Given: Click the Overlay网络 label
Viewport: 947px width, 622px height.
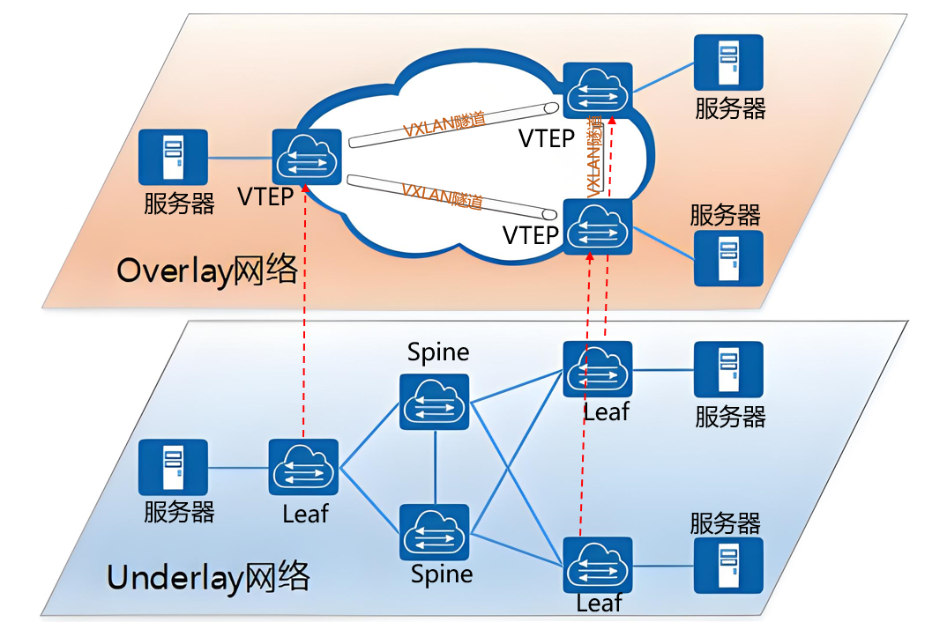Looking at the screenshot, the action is pyautogui.click(x=207, y=270).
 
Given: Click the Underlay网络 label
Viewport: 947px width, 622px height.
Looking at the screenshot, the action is pyautogui.click(x=208, y=577).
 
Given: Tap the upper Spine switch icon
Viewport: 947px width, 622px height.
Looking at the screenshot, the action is pyautogui.click(x=434, y=402).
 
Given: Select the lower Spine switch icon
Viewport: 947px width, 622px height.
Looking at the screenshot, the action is pyautogui.click(x=434, y=532).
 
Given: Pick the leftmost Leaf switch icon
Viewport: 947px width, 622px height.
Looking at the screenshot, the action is pyautogui.click(x=303, y=467).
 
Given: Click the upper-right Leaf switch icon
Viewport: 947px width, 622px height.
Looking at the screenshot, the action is pyautogui.click(x=597, y=369).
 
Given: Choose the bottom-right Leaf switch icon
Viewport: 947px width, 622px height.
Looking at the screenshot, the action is pyautogui.click(x=597, y=566).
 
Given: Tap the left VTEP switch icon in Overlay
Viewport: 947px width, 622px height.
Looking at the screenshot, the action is pyautogui.click(x=307, y=157).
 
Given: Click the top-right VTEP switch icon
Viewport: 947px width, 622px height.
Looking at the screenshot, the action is pyautogui.click(x=597, y=91).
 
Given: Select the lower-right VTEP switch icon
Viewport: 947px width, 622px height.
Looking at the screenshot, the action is pyautogui.click(x=597, y=226).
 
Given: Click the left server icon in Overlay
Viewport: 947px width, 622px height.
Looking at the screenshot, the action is pyautogui.click(x=174, y=157).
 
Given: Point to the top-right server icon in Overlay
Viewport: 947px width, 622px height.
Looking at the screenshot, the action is pyautogui.click(x=728, y=63).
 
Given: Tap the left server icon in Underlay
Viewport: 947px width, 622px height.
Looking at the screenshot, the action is pyautogui.click(x=174, y=467).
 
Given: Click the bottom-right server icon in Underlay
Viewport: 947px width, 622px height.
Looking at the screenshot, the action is pyautogui.click(x=728, y=566).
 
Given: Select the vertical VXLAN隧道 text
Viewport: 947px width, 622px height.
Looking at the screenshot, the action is pyautogui.click(x=595, y=156).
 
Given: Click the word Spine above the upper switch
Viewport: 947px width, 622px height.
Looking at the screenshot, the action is pyautogui.click(x=438, y=352).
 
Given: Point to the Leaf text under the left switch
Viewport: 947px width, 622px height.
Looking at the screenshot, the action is pyautogui.click(x=306, y=514).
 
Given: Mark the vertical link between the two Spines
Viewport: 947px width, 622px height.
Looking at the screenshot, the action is pyautogui.click(x=435, y=467).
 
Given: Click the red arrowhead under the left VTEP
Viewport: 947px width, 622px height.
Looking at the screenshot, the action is pyautogui.click(x=306, y=189).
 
